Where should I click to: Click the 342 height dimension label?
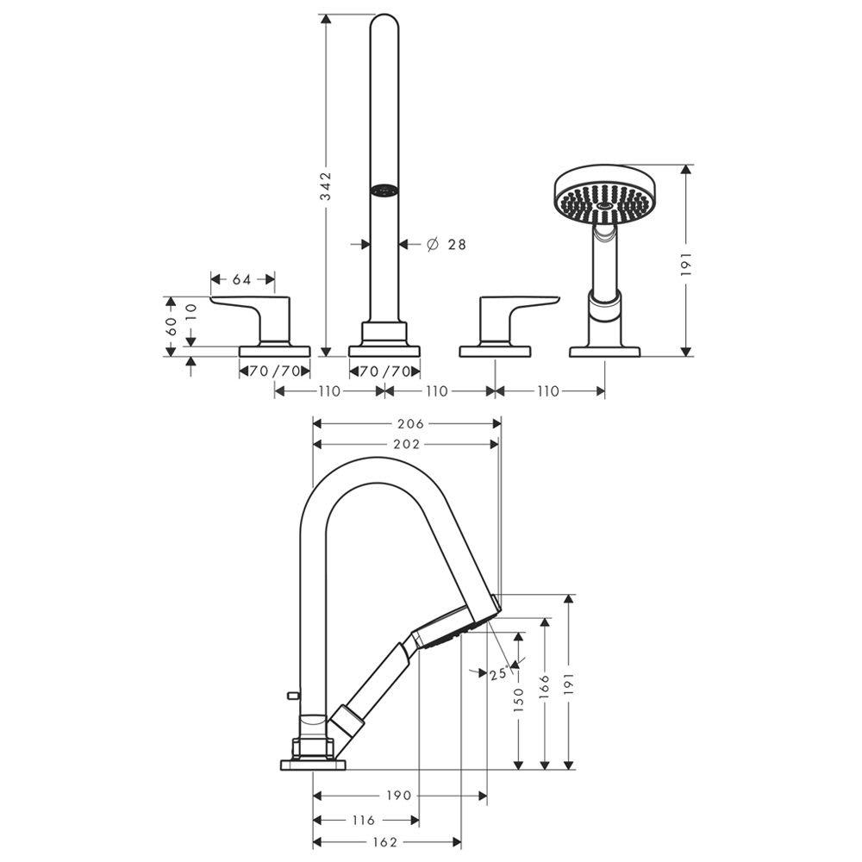(x=325, y=186)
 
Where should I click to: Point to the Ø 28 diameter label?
(x=447, y=245)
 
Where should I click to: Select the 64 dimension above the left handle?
(x=242, y=279)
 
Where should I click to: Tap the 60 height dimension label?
(x=171, y=325)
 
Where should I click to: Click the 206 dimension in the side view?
(x=411, y=423)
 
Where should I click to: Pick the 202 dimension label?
(x=405, y=444)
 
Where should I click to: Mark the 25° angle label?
(x=497, y=675)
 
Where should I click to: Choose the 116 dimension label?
(x=364, y=820)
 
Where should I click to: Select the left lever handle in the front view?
(x=254, y=315)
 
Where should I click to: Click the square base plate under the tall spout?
(x=384, y=350)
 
